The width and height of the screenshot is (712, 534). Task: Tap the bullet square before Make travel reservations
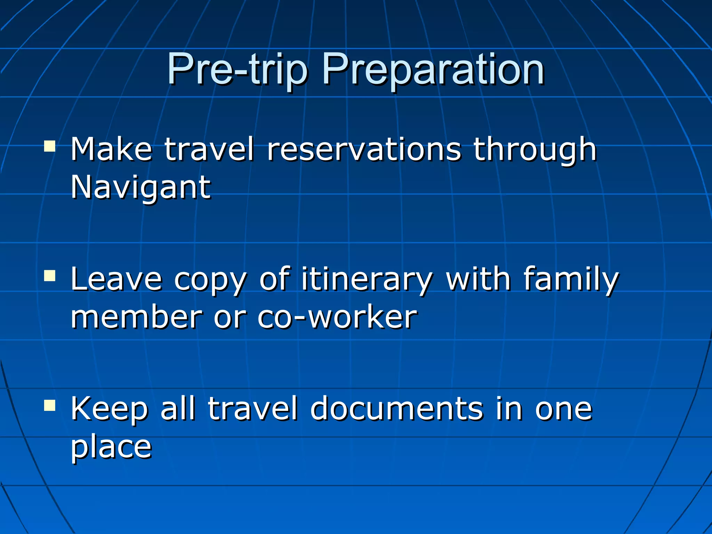(50, 146)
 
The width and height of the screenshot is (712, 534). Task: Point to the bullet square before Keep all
(50, 405)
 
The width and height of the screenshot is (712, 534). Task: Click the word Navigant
(140, 188)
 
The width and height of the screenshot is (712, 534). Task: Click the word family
(571, 280)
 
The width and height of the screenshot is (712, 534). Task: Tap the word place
(111, 448)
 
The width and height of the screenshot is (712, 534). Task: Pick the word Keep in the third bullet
(110, 410)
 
